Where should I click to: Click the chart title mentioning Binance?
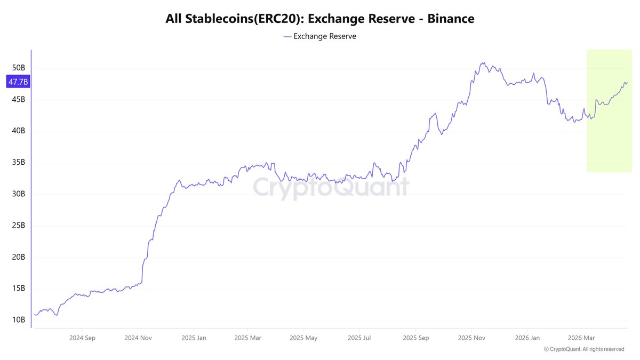320,19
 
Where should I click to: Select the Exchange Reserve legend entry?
320,36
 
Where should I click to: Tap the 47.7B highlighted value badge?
18,82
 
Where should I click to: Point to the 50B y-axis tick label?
19,68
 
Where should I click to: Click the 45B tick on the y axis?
19,100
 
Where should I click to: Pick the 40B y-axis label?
19,131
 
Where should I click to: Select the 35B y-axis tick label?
19,163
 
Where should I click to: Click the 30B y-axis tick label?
19,194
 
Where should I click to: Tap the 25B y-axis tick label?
19,226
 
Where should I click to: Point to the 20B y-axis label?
19,257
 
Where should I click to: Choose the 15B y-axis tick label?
19,289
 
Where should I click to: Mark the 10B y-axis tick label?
19,320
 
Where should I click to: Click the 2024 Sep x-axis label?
82,338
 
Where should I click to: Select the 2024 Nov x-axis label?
138,338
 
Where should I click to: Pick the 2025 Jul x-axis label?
359,338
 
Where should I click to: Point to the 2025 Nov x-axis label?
472,338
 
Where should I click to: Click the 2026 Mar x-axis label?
581,338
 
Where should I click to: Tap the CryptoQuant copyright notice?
584,349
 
